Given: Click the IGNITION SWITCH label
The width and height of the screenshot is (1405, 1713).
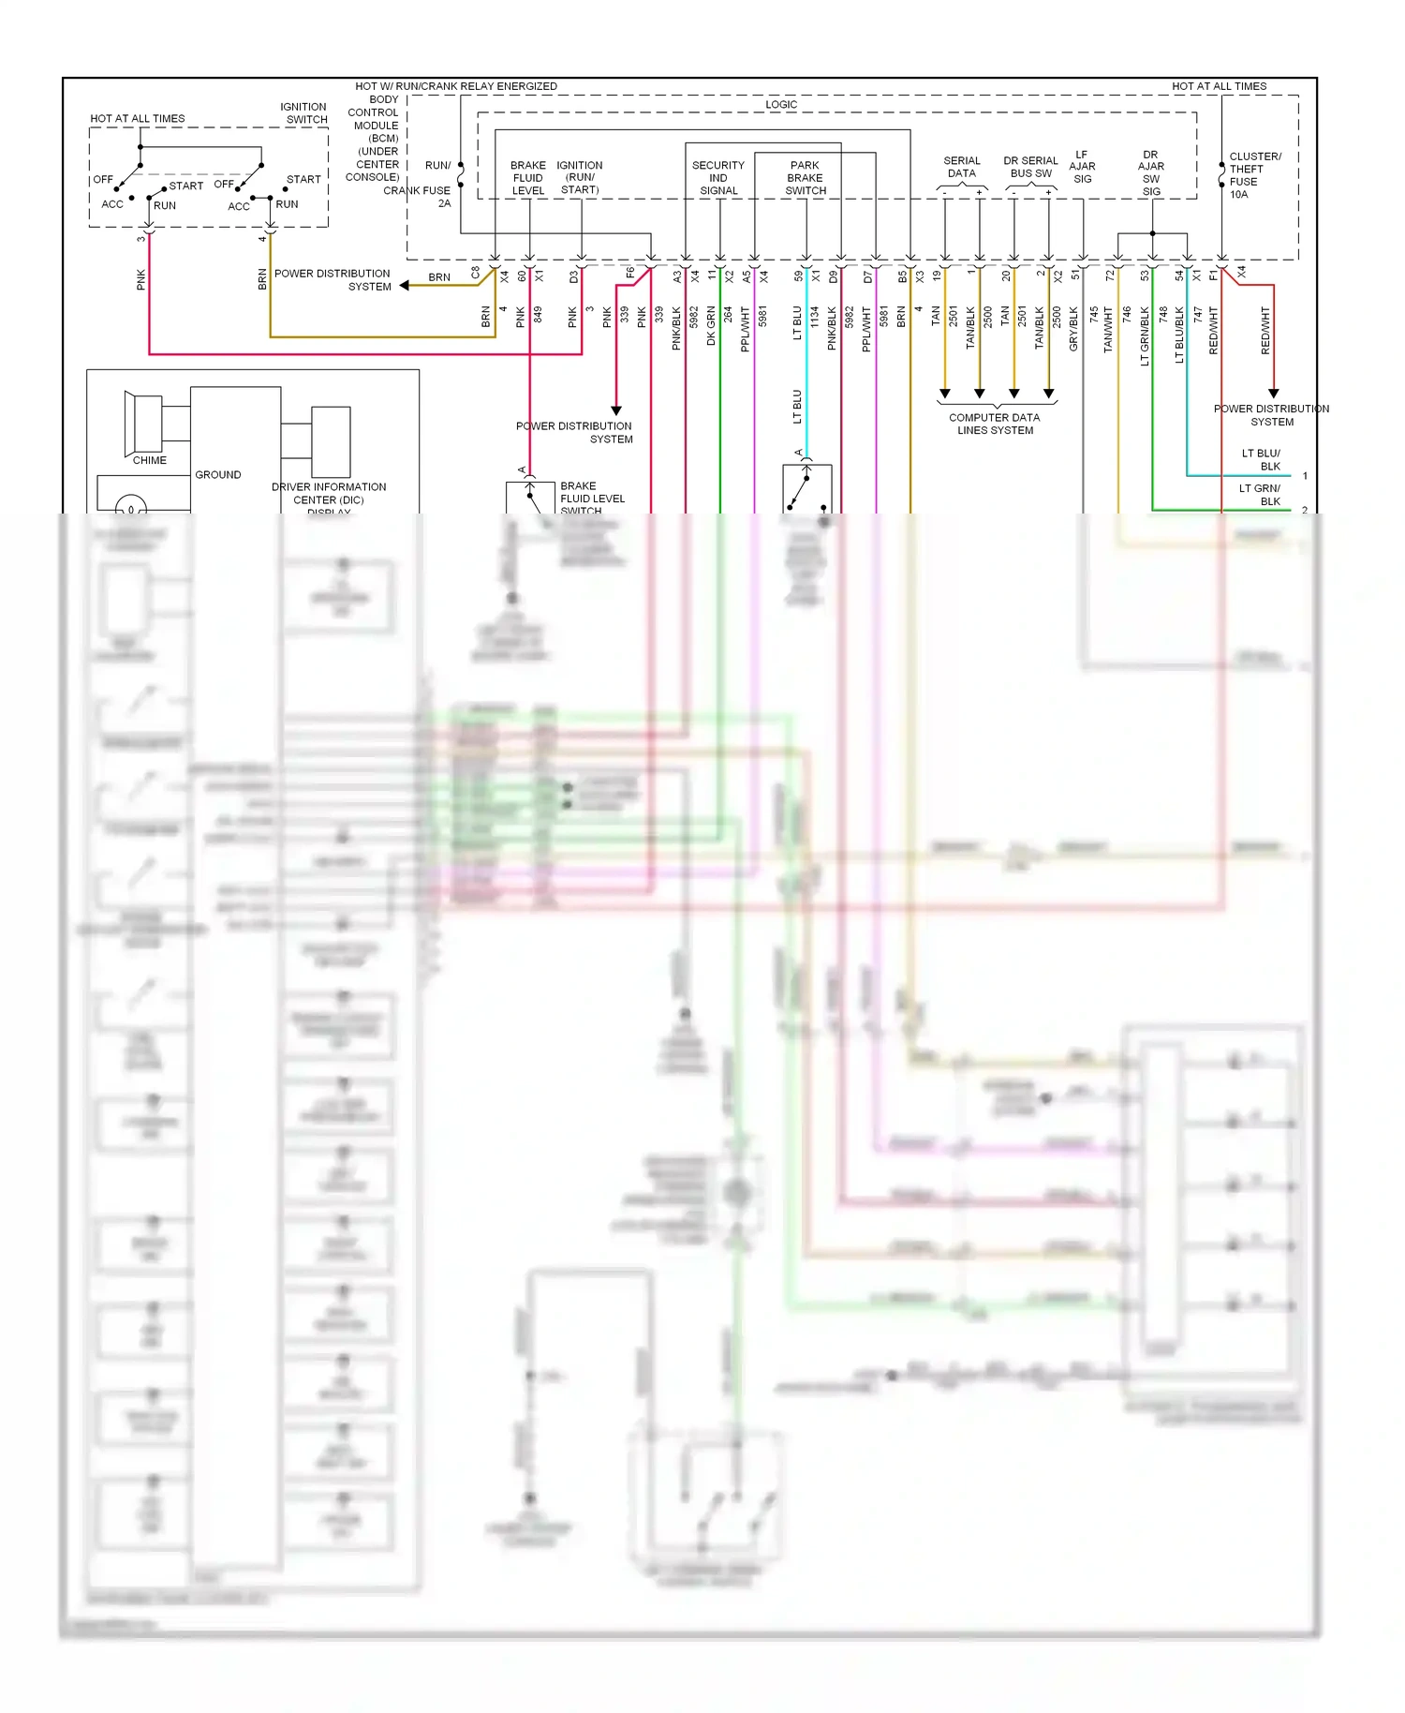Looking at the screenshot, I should (303, 113).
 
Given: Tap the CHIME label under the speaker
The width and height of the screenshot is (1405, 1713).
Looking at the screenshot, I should (149, 460).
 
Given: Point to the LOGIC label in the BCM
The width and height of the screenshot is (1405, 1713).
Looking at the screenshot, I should (781, 104).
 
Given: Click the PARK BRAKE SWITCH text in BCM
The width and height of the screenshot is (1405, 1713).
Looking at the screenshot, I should (806, 178).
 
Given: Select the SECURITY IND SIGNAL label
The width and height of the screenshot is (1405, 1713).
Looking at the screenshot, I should (718, 178).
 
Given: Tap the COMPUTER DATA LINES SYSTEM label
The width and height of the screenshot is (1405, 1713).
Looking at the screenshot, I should (995, 424).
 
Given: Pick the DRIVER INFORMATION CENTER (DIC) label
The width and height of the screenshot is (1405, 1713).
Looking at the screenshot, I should (329, 494).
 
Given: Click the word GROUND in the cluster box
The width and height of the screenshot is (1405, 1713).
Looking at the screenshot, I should (218, 475).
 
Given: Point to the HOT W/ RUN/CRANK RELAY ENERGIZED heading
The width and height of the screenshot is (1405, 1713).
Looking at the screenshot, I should (456, 86).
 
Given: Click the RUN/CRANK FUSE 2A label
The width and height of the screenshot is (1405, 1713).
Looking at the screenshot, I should (426, 184).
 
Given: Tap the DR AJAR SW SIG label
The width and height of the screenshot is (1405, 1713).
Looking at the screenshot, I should (1151, 173).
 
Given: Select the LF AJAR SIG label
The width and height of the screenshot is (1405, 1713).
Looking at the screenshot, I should (1082, 167).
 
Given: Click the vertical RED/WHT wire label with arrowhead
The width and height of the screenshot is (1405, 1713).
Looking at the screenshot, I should (1265, 330).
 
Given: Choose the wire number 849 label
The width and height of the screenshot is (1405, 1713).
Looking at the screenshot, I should (539, 316).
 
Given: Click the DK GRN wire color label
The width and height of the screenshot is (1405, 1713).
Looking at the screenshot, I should (711, 326).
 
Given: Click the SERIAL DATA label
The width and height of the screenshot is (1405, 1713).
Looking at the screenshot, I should (962, 167).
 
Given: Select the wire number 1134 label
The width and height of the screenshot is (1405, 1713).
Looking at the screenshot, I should (815, 319).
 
